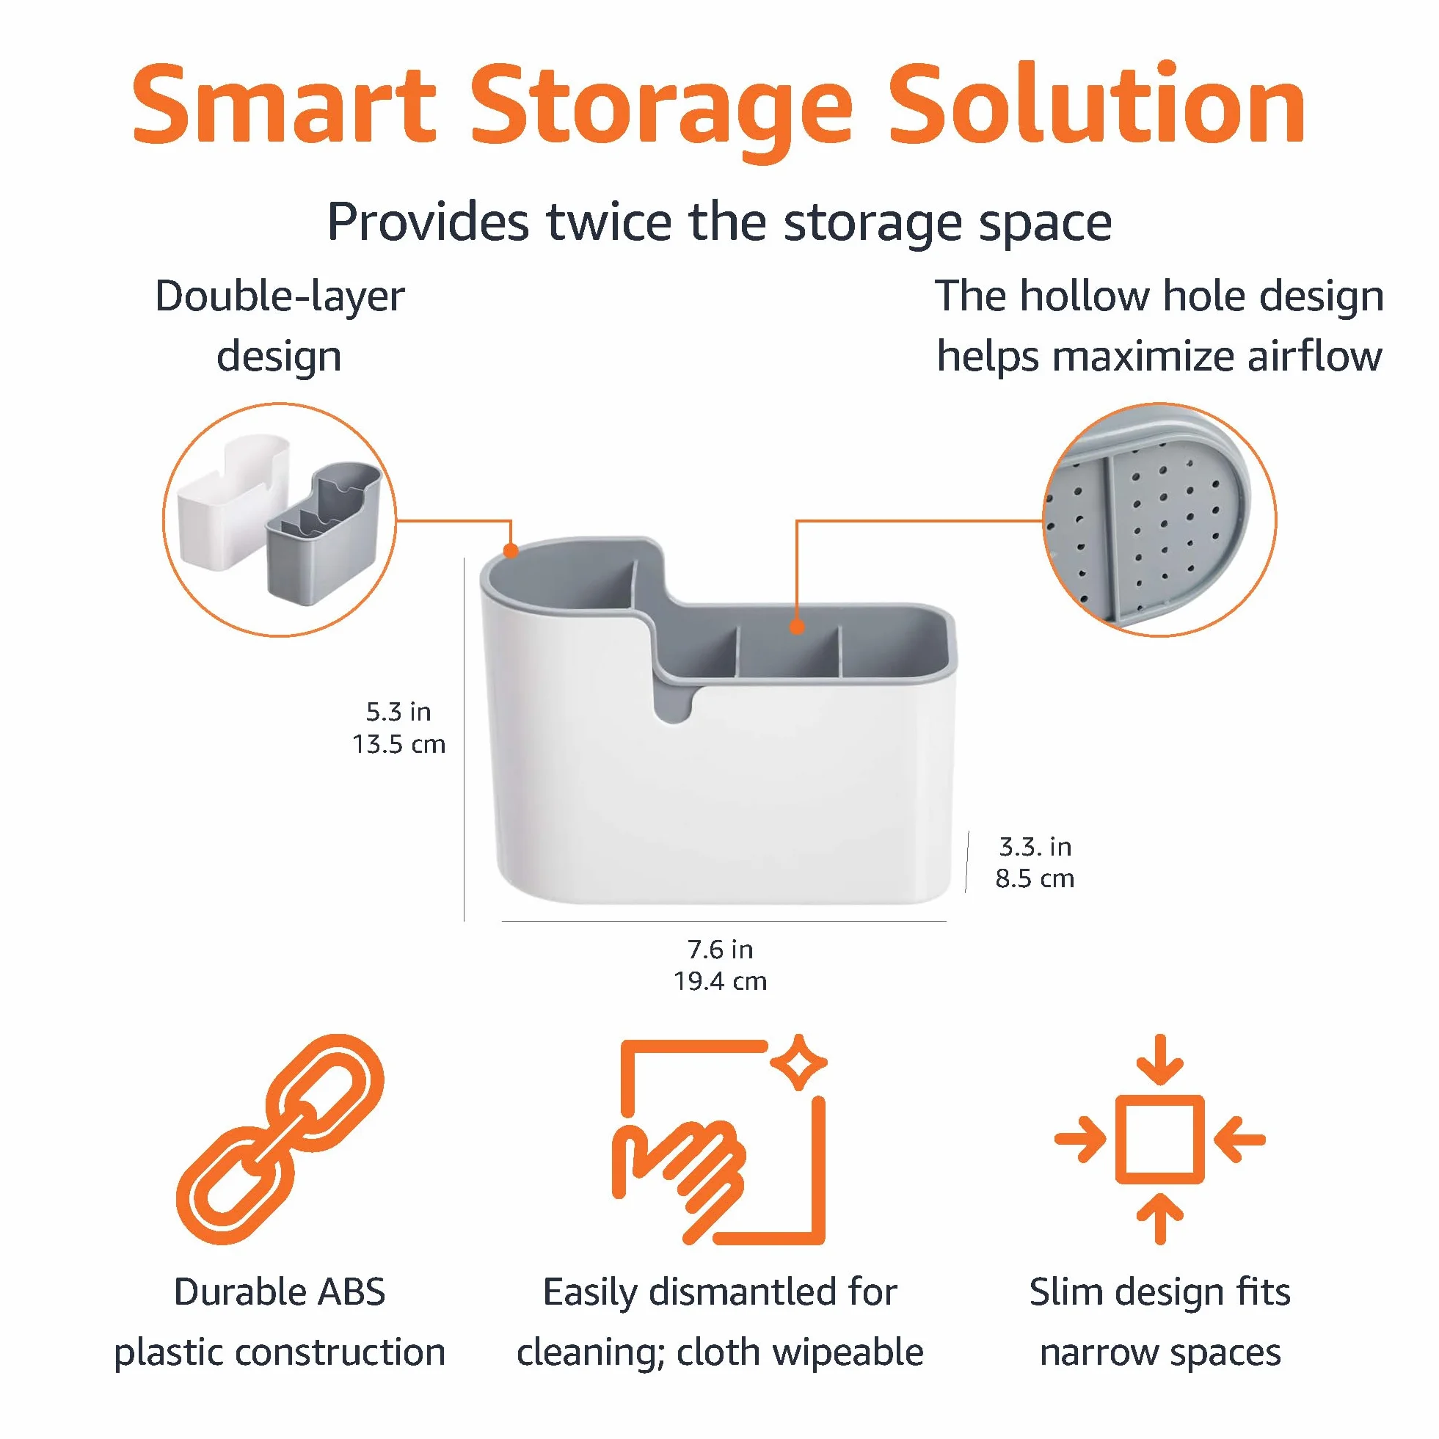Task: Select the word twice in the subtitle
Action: (609, 222)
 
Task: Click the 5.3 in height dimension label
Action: (398, 712)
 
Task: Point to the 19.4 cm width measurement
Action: (721, 981)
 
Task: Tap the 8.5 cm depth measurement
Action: (1035, 878)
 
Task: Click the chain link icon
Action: (280, 1139)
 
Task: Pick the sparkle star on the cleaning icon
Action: (798, 1062)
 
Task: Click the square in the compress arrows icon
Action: (1159, 1139)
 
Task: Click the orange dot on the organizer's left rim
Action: (510, 550)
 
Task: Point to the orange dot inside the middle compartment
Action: (797, 627)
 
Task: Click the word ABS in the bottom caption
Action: (351, 1292)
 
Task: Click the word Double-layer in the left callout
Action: (280, 296)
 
